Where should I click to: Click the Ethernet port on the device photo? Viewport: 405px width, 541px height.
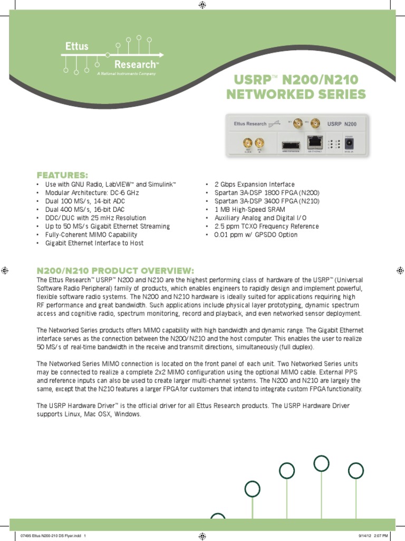click(x=315, y=142)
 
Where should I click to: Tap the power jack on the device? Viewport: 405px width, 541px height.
click(x=349, y=143)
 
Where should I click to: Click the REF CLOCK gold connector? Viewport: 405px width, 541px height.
click(x=247, y=143)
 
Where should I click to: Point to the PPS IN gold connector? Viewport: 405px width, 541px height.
click(x=259, y=143)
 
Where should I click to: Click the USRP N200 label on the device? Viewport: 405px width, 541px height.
click(x=342, y=124)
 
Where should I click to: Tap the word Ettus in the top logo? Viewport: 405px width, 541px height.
click(x=77, y=46)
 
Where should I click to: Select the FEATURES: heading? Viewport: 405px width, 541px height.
click(x=62, y=175)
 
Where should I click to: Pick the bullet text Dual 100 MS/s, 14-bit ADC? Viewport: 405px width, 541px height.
click(x=85, y=201)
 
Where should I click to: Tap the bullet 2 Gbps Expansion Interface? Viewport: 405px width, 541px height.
click(x=255, y=184)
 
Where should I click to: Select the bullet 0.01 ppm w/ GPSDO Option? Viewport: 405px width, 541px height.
click(x=256, y=235)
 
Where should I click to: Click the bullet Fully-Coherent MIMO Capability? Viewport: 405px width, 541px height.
click(x=91, y=235)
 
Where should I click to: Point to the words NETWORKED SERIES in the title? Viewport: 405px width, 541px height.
click(x=295, y=95)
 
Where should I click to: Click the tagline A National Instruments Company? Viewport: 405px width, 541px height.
click(x=127, y=74)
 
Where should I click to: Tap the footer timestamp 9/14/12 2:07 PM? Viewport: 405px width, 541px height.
click(x=373, y=535)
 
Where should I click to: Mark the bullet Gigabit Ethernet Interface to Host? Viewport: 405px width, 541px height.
click(x=94, y=243)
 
